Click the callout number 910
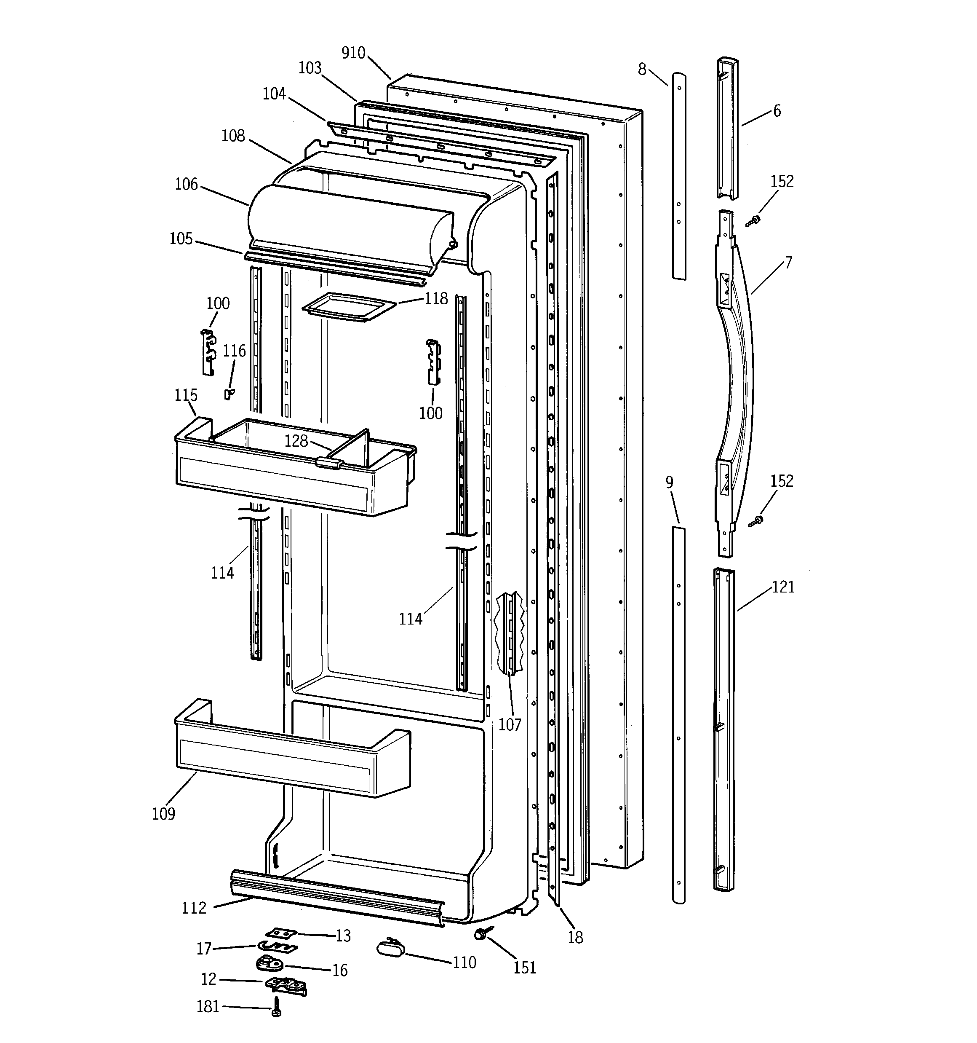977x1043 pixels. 353,53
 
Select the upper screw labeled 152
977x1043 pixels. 754,220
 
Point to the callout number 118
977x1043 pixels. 436,298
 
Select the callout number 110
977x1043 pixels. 464,962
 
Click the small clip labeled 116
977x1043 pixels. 229,394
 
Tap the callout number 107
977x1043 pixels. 509,724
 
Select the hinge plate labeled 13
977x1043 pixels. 281,933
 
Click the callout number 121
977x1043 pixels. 783,587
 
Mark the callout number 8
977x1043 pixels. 642,69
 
